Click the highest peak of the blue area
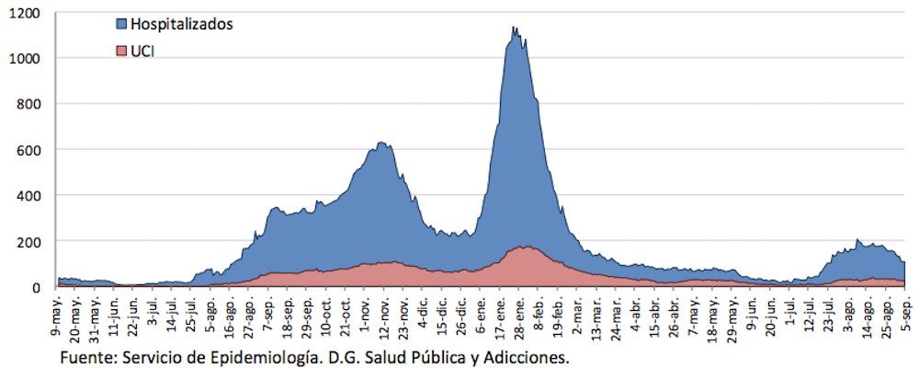coord(515,29)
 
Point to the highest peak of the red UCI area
coord(524,247)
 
